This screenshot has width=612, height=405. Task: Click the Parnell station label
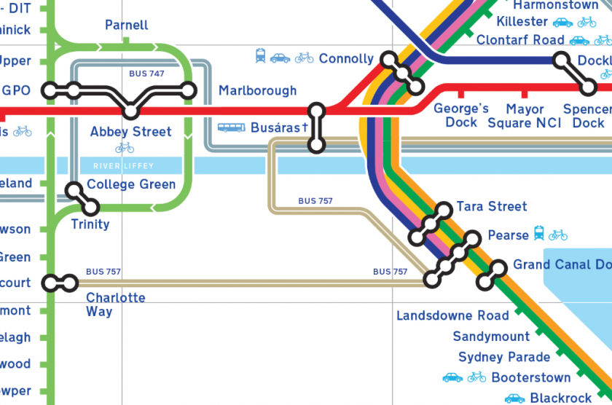127,25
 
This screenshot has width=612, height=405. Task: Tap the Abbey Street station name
131,132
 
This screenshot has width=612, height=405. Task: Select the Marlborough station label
258,91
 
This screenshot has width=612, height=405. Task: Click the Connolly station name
346,58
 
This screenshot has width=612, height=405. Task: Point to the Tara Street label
492,207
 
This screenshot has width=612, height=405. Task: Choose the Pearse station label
509,235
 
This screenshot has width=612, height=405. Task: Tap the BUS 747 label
146,74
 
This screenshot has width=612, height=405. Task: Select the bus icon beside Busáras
231,127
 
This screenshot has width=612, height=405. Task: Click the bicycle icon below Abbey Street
125,148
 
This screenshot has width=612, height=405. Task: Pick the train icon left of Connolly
260,56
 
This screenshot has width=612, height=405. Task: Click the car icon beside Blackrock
515,398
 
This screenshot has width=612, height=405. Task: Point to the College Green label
131,184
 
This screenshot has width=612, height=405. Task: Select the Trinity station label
90,224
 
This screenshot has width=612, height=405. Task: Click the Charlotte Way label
115,304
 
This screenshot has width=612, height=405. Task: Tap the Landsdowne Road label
452,315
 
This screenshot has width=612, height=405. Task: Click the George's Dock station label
461,115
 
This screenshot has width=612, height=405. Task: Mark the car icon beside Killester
562,22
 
